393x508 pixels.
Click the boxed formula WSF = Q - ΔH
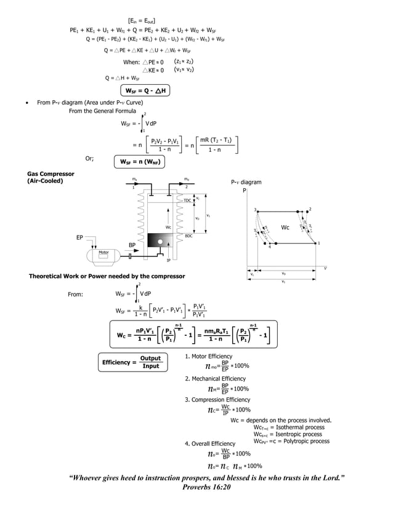144,91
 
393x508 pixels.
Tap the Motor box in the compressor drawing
104,253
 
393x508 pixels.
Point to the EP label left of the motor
79,237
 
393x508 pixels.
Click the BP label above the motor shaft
132,245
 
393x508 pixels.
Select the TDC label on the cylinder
187,200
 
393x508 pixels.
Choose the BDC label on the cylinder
188,236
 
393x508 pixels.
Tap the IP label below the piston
168,260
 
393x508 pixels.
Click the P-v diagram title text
246,183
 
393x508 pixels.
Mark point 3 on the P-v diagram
254,210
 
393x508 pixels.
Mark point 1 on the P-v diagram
318,244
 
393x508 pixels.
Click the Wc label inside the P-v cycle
285,228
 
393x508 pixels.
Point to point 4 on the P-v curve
269,247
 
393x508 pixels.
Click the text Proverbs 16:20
206,486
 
